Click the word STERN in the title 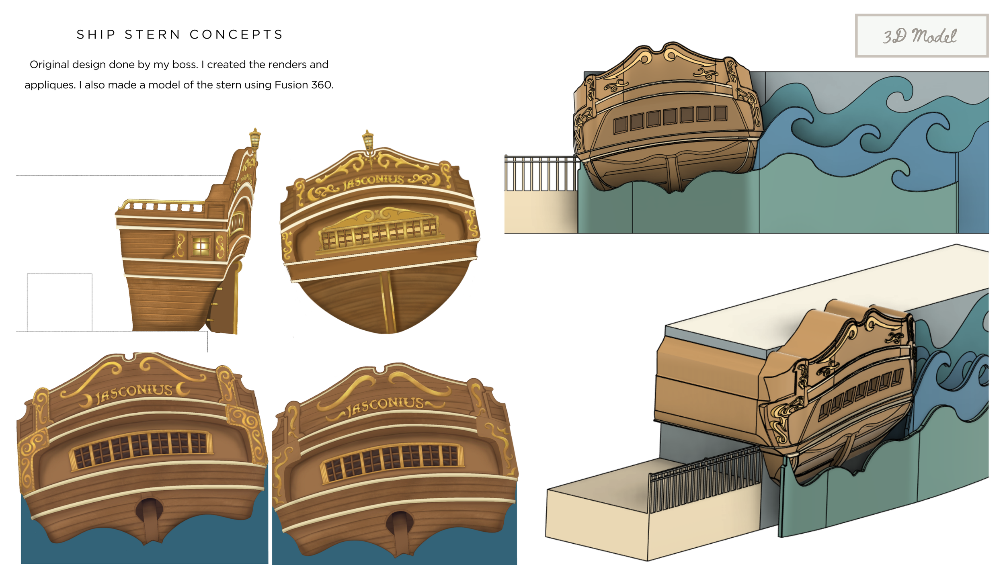coord(152,35)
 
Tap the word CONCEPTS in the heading coord(236,35)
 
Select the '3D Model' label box coord(921,36)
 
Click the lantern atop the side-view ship coord(255,139)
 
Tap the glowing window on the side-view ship coord(201,246)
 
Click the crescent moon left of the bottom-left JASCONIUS coord(86,400)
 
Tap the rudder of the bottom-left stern coord(150,518)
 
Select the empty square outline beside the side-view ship coord(59,302)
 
